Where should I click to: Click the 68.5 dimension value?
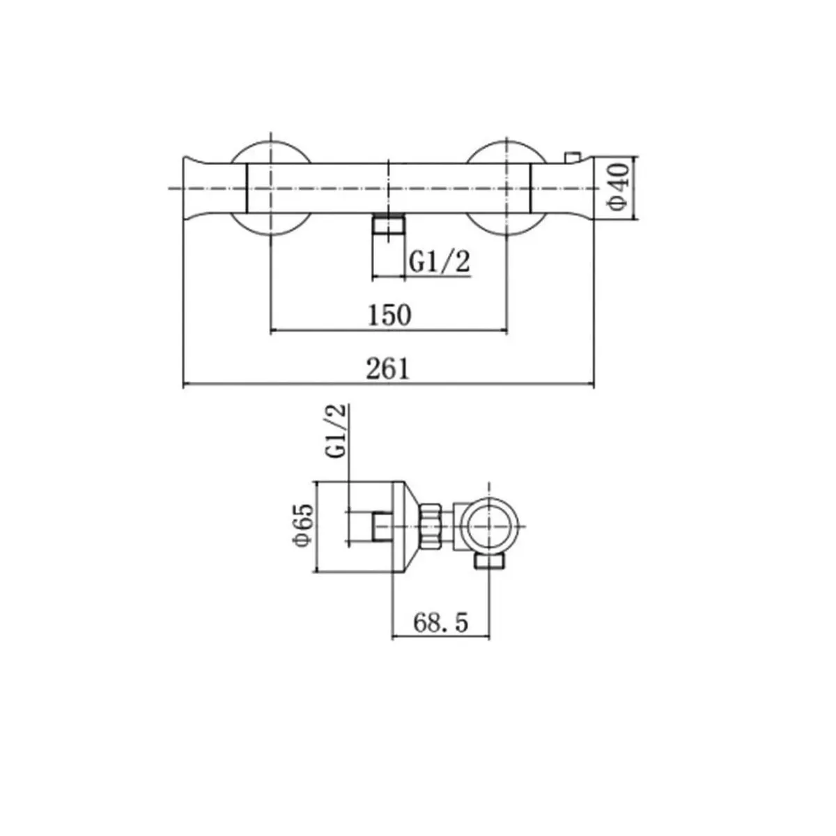(440, 621)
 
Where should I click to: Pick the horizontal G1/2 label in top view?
(439, 263)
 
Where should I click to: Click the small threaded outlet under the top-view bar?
(389, 226)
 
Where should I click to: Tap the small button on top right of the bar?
(573, 157)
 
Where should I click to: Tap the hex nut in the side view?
(432, 527)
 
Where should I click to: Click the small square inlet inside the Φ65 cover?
(382, 527)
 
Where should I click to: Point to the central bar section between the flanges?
(388, 187)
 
